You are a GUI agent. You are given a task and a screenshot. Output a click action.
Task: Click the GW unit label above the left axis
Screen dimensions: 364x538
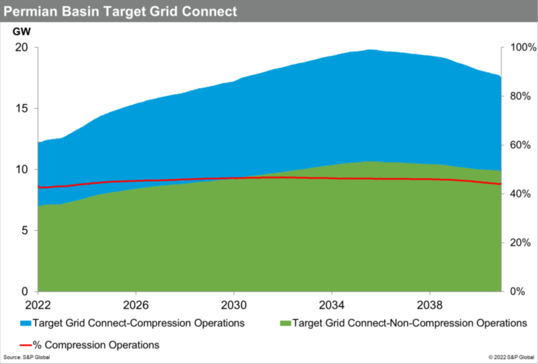click(22, 32)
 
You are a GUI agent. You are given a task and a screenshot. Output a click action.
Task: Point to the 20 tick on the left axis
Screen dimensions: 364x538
click(22, 48)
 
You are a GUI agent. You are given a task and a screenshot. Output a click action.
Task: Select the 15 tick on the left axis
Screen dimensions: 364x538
click(22, 109)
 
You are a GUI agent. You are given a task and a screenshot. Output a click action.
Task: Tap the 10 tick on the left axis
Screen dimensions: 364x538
click(22, 170)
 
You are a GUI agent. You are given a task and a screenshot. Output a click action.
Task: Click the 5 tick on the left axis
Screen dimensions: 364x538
click(24, 230)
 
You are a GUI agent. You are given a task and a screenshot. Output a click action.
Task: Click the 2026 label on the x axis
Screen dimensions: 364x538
click(136, 303)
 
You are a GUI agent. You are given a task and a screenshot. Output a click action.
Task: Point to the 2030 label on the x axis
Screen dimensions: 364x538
click(233, 303)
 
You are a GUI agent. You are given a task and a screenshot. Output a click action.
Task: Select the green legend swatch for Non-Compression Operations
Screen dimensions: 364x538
click(282, 323)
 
